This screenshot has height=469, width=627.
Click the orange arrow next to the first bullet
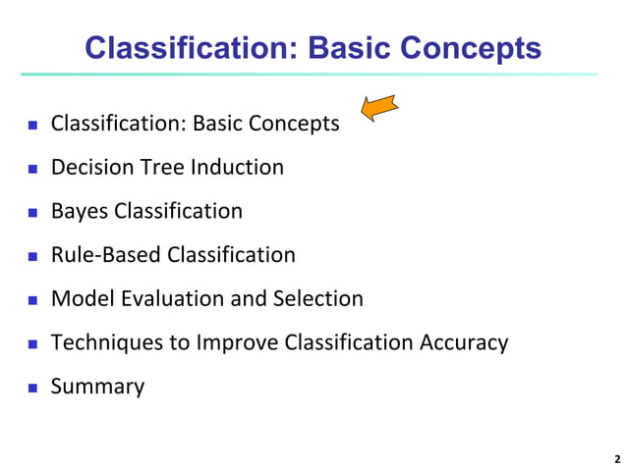tap(378, 107)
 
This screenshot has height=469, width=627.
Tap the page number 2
tap(616, 458)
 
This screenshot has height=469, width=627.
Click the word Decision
tap(92, 167)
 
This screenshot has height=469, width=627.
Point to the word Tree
tap(161, 167)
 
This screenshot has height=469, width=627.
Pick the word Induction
tap(235, 167)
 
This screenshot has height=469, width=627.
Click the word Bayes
tap(80, 211)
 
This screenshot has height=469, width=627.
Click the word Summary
tap(97, 387)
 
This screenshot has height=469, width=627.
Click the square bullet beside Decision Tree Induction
tap(31, 168)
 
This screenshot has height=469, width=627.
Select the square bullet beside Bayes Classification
tap(31, 212)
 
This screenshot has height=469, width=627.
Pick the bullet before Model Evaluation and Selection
tap(31, 299)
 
